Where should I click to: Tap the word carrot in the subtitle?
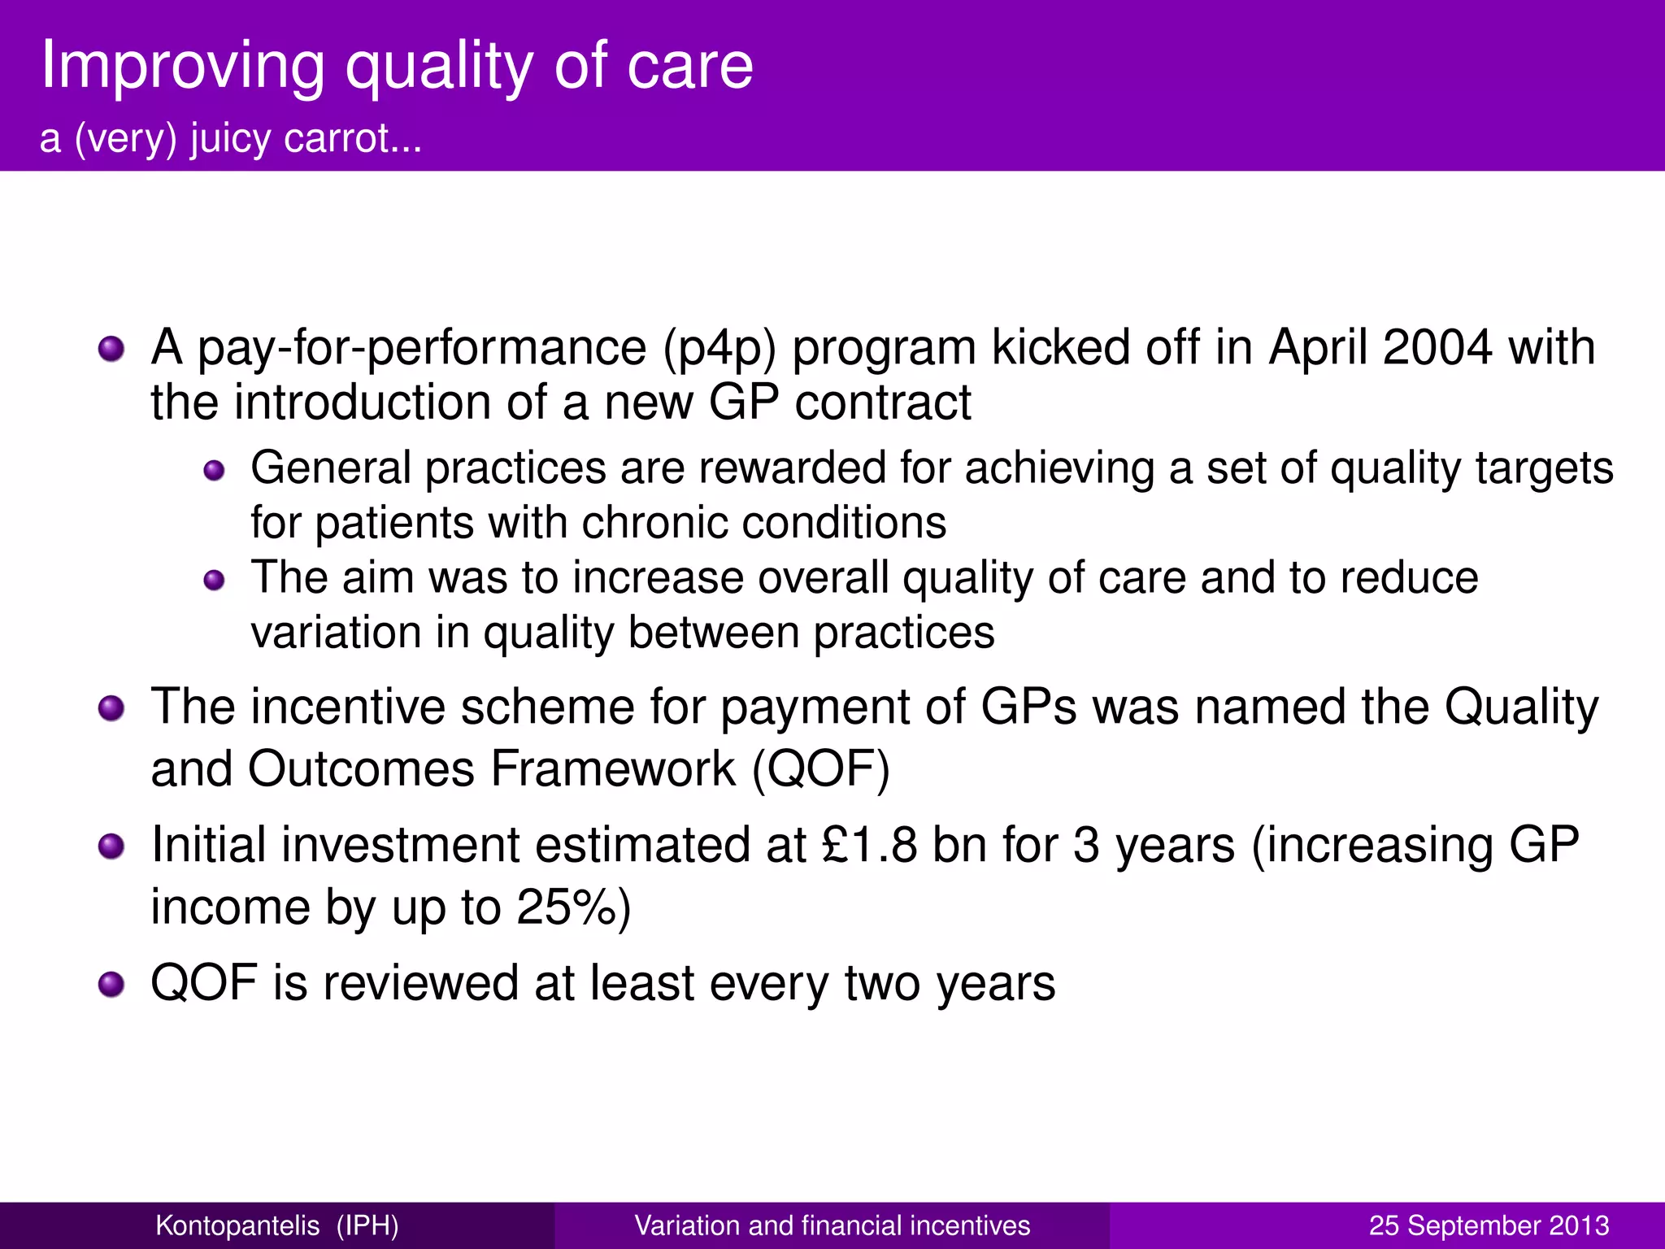[x=352, y=138]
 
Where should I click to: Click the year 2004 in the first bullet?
[x=1437, y=348]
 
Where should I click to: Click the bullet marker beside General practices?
[x=214, y=471]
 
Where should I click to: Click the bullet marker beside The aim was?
[x=214, y=580]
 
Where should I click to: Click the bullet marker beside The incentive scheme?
[x=111, y=708]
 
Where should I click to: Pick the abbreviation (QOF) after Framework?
[x=821, y=769]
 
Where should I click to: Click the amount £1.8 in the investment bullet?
[x=869, y=845]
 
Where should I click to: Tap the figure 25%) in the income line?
[x=574, y=907]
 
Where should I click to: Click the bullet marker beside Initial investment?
[x=111, y=846]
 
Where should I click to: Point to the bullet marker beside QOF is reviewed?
[x=111, y=985]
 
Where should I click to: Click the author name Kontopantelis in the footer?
[x=237, y=1225]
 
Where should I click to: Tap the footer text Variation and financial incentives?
[x=832, y=1225]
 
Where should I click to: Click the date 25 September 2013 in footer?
[x=1489, y=1225]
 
